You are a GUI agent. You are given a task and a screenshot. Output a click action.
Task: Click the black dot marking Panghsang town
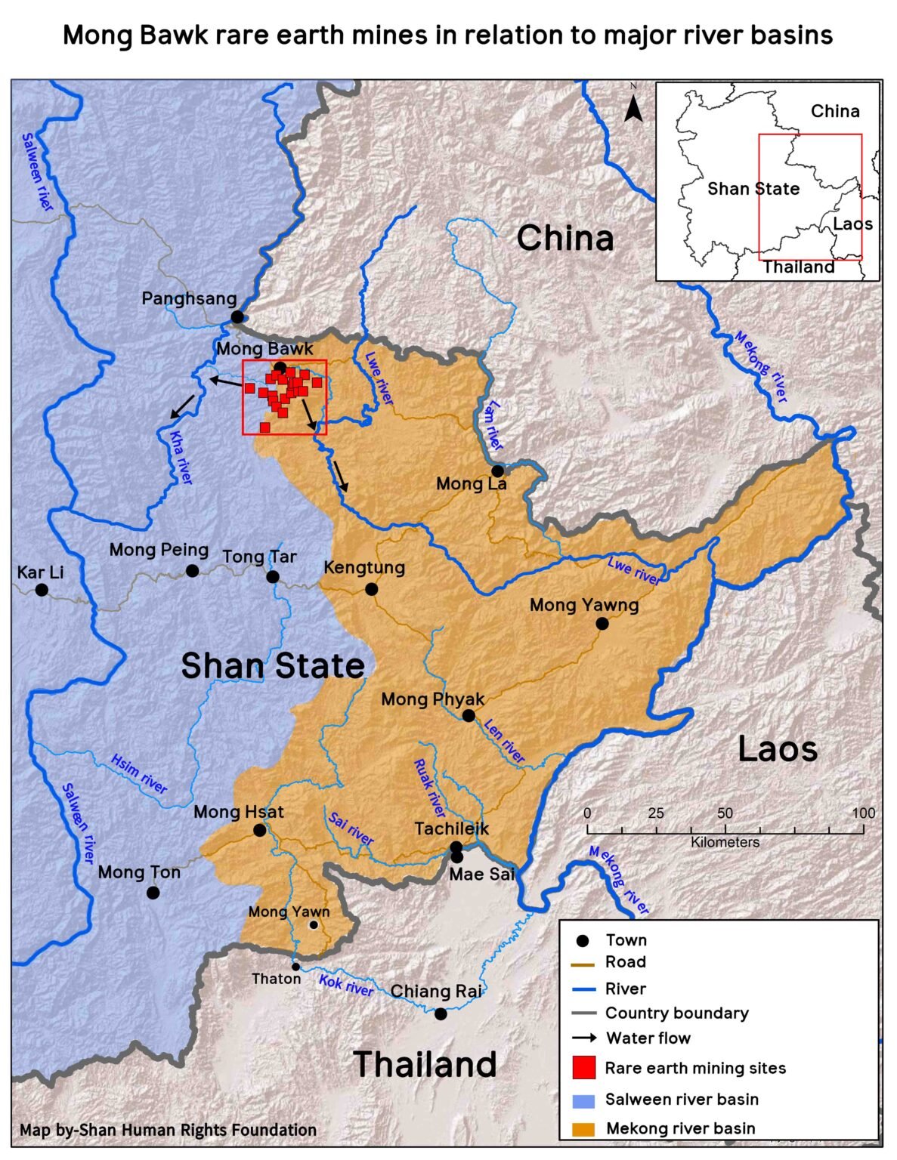(237, 316)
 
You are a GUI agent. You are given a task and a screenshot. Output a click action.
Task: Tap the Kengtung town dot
(371, 589)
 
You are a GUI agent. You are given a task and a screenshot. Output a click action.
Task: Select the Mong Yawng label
(583, 605)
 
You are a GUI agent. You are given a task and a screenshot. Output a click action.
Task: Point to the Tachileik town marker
(456, 847)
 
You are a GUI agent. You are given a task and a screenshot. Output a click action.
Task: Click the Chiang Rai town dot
(441, 1013)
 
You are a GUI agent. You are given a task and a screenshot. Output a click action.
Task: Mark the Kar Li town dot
(42, 590)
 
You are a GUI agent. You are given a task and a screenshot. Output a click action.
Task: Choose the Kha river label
(181, 458)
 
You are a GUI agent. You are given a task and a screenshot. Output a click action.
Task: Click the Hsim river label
(139, 773)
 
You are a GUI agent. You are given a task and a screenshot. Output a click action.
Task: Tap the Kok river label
(345, 985)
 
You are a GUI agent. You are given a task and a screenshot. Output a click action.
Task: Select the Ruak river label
(429, 788)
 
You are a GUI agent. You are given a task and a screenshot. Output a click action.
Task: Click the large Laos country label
(777, 749)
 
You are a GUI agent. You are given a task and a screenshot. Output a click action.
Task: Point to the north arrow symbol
(634, 106)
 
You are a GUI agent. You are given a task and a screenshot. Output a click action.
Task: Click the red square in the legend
(584, 1068)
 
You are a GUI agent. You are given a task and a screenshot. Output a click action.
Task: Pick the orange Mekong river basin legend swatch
(584, 1128)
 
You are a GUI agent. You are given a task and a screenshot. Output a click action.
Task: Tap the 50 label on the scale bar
(725, 813)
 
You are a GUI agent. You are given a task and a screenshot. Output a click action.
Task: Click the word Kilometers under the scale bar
(725, 842)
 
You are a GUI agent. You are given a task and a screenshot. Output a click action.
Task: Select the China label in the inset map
(834, 112)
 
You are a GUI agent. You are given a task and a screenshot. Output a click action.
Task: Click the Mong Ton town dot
(153, 893)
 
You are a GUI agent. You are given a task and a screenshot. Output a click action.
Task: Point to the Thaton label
(276, 979)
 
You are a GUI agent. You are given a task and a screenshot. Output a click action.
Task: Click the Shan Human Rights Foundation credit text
(168, 1130)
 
